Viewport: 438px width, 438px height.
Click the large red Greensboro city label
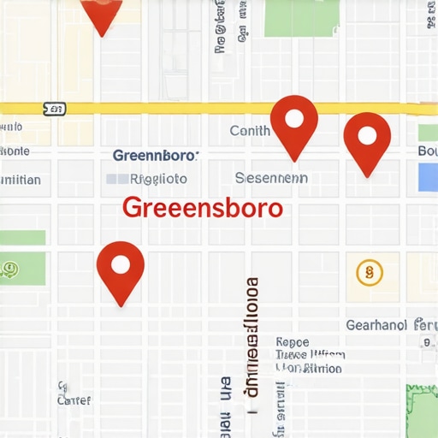click(202, 208)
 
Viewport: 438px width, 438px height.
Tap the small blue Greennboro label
click(155, 156)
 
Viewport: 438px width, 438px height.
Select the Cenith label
click(250, 131)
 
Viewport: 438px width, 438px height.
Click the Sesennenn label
click(271, 179)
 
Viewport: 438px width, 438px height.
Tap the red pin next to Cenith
click(294, 125)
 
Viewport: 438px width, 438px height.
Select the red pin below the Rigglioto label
click(121, 270)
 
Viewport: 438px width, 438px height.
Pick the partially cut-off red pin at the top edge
click(101, 12)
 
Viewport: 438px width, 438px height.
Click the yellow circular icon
click(369, 273)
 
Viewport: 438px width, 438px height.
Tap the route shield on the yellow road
click(53, 109)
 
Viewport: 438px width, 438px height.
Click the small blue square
click(428, 178)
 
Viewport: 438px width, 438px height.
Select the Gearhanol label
click(376, 325)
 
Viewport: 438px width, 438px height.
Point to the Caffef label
click(73, 400)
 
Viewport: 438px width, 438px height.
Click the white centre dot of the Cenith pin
click(294, 116)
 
